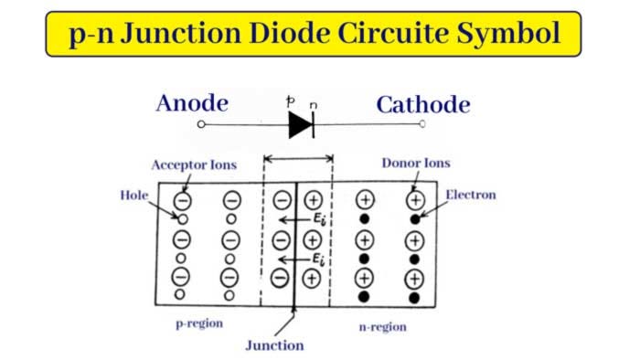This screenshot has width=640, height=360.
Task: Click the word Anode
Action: coord(192,102)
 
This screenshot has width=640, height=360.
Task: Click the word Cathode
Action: coord(423,103)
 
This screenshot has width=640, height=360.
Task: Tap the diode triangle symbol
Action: coord(301,125)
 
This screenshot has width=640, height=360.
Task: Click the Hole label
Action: coord(133,195)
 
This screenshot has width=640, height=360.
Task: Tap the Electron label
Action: coord(471,195)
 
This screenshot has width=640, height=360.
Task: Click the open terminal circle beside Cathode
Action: coord(422,124)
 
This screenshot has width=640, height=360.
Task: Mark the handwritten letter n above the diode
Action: coord(314,104)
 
